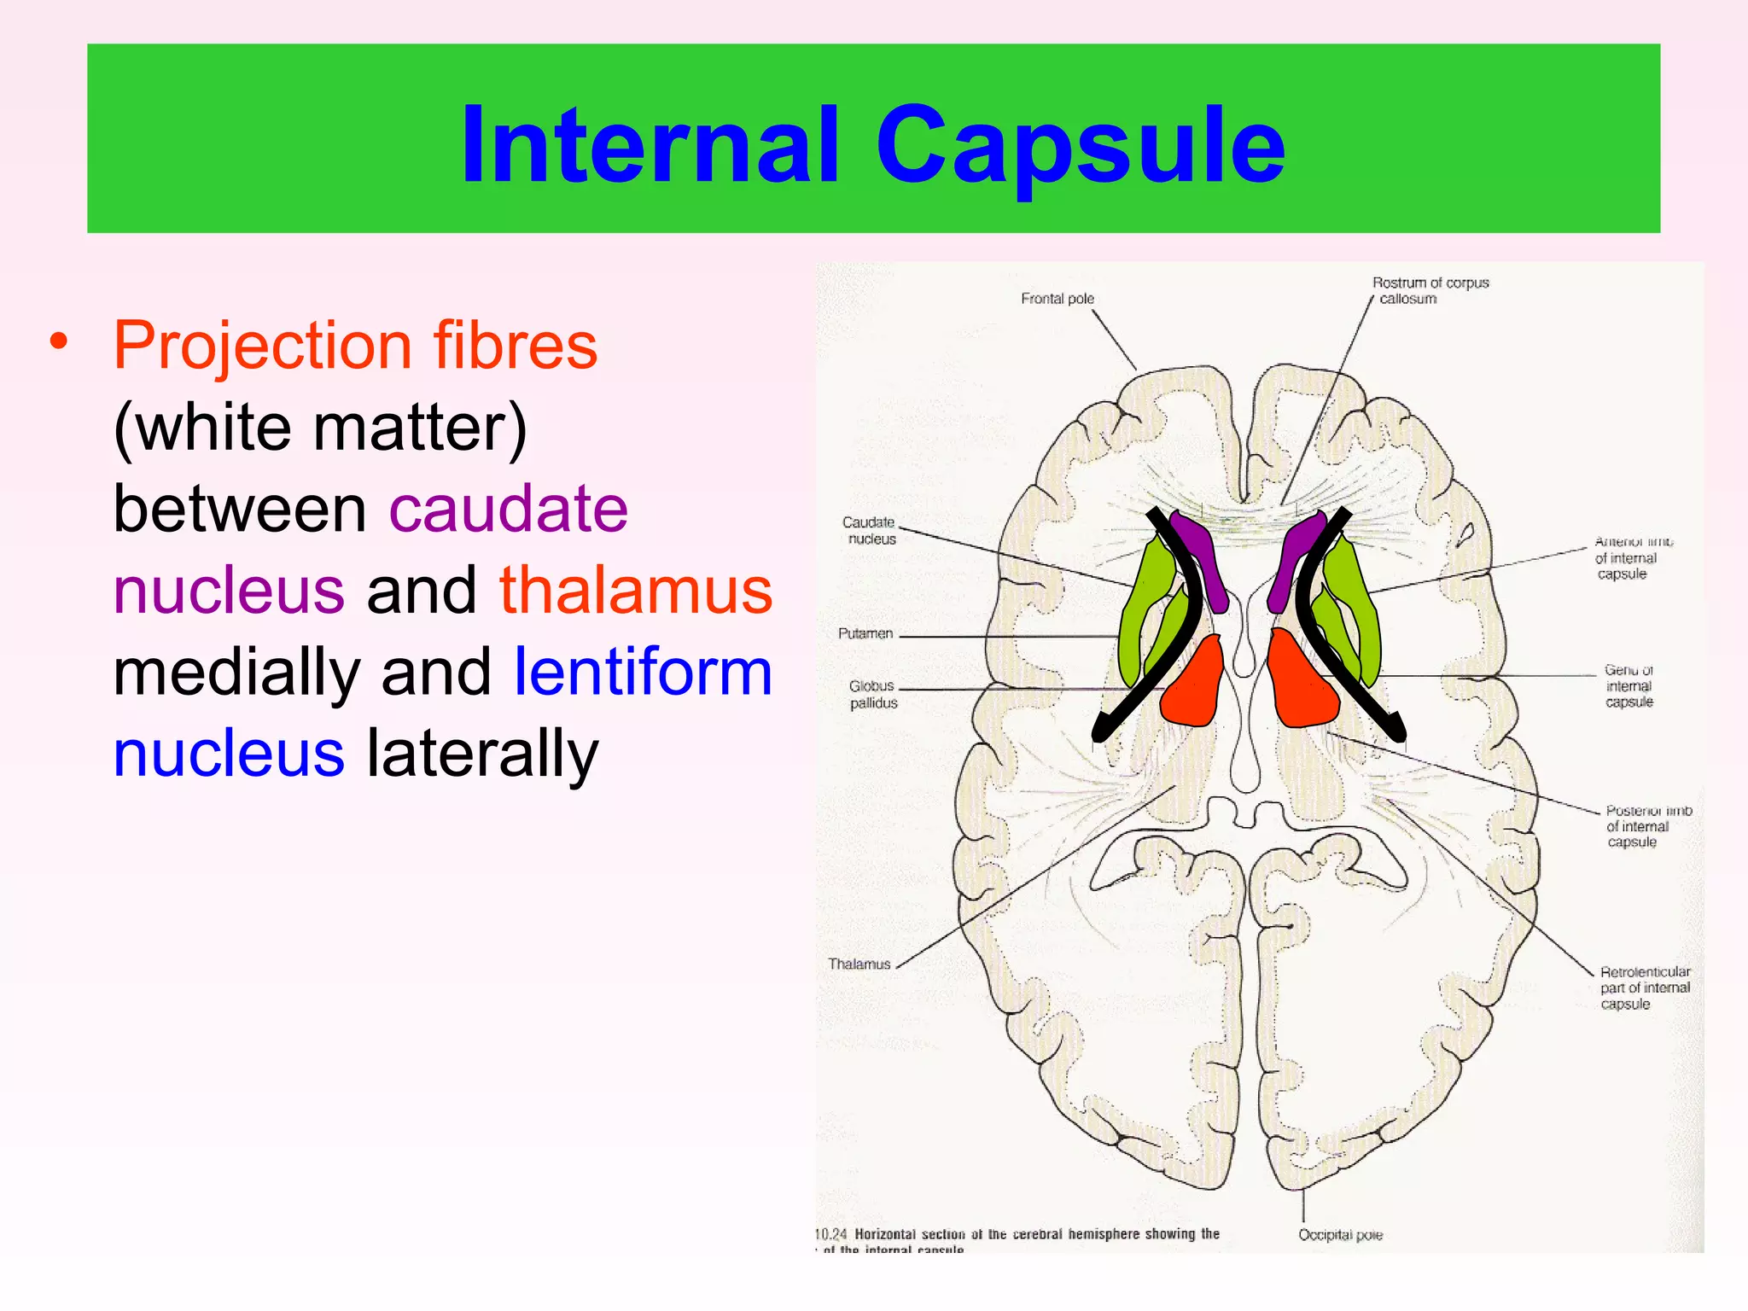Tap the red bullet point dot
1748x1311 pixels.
(58, 341)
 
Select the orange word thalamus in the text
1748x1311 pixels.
(636, 591)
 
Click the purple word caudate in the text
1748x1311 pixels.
(509, 509)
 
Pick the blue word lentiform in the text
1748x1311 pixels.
(644, 673)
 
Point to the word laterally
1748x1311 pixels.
(483, 754)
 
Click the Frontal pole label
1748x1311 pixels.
(1057, 299)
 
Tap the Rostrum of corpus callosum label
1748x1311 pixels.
(1430, 290)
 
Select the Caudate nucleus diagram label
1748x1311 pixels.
(870, 530)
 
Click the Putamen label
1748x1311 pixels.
(865, 633)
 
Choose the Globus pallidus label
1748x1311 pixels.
(872, 694)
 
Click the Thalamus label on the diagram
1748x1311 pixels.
(859, 964)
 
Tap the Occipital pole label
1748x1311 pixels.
(1340, 1235)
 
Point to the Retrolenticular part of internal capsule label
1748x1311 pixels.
(1644, 988)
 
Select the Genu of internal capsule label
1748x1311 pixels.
(1629, 686)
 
